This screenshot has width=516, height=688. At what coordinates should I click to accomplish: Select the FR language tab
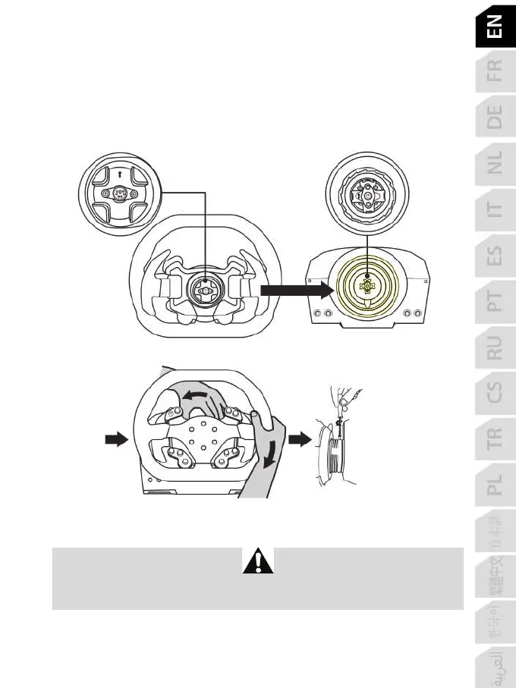point(494,72)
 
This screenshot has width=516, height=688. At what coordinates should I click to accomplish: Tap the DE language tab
point(494,118)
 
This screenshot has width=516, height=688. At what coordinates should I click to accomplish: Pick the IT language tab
point(494,211)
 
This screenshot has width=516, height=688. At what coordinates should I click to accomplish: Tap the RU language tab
point(494,350)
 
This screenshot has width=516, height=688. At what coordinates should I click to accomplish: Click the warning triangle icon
point(257,561)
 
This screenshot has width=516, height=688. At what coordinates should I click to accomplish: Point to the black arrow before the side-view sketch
point(301,438)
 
